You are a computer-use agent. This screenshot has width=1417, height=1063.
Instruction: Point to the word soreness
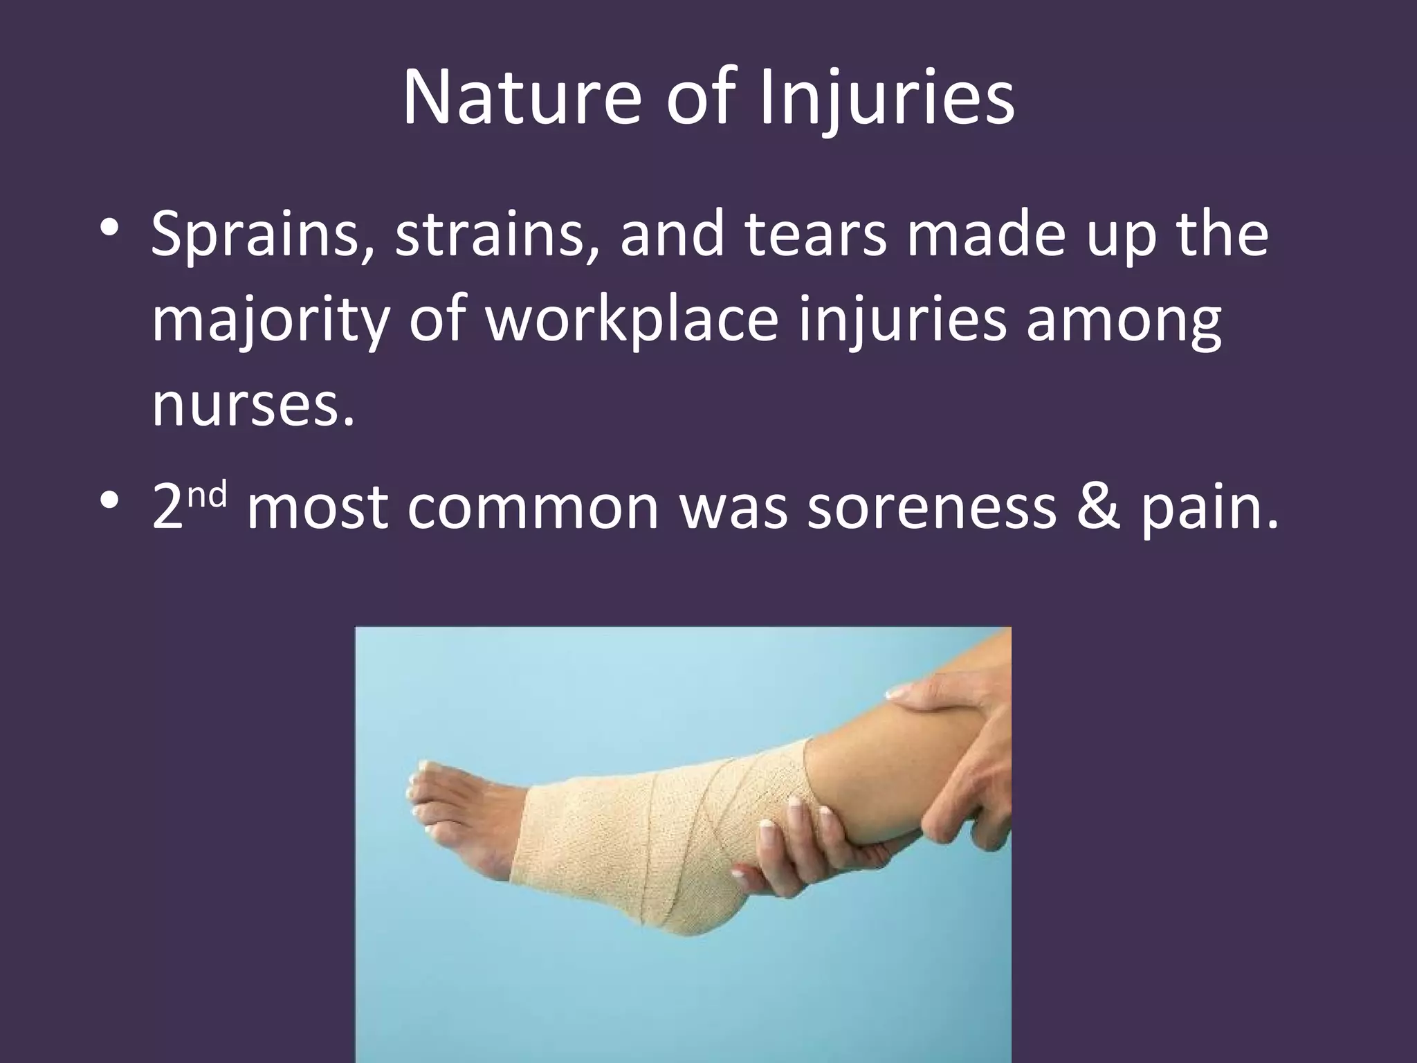point(931,509)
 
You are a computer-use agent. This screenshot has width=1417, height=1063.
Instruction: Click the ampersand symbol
point(1097,509)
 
